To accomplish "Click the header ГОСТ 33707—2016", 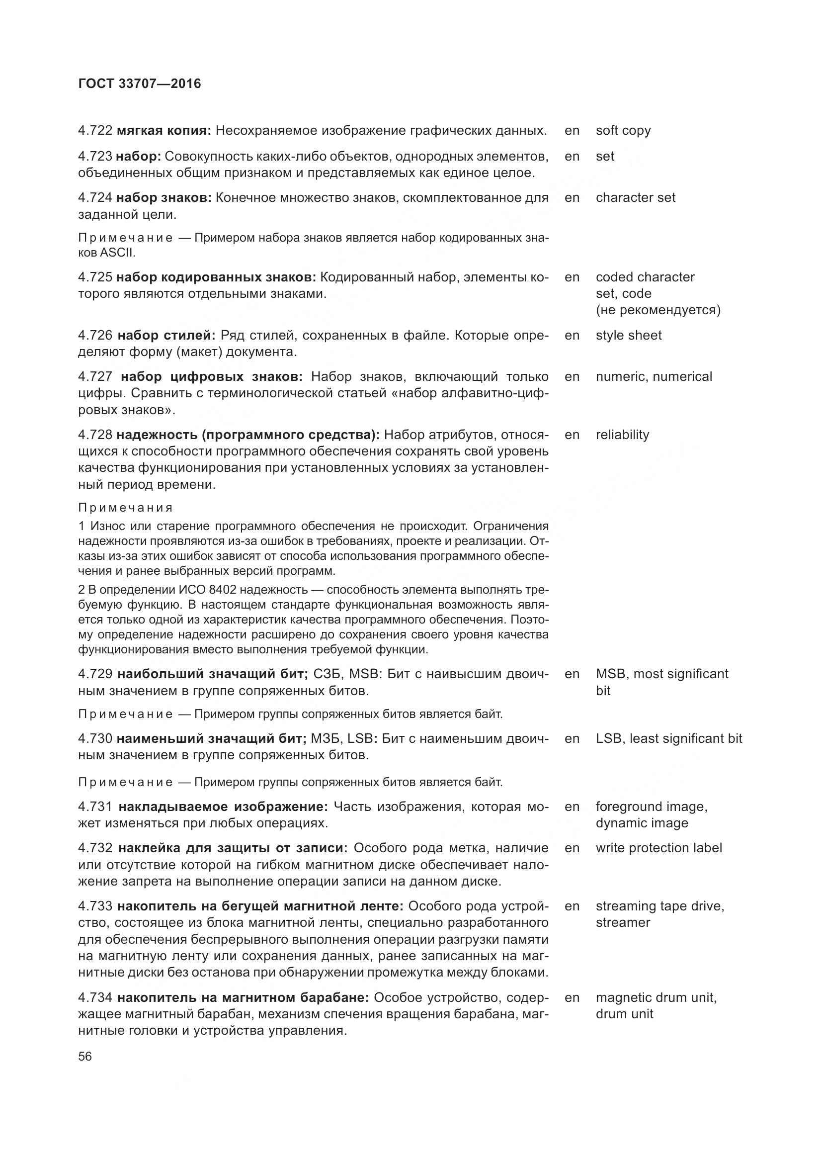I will [x=140, y=84].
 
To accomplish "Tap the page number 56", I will [x=85, y=1056].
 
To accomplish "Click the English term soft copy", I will [x=623, y=131].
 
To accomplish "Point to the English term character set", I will [x=635, y=197].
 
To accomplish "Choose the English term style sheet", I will [x=628, y=335].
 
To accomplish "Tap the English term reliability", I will [x=622, y=435].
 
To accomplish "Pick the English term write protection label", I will [x=658, y=848].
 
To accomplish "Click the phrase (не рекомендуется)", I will [x=658, y=310].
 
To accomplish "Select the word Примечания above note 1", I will [x=126, y=508].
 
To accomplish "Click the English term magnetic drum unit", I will [x=656, y=997].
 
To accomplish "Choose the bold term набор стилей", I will [x=166, y=335].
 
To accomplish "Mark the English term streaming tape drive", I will [x=659, y=905].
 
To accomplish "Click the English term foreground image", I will [x=651, y=806].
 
